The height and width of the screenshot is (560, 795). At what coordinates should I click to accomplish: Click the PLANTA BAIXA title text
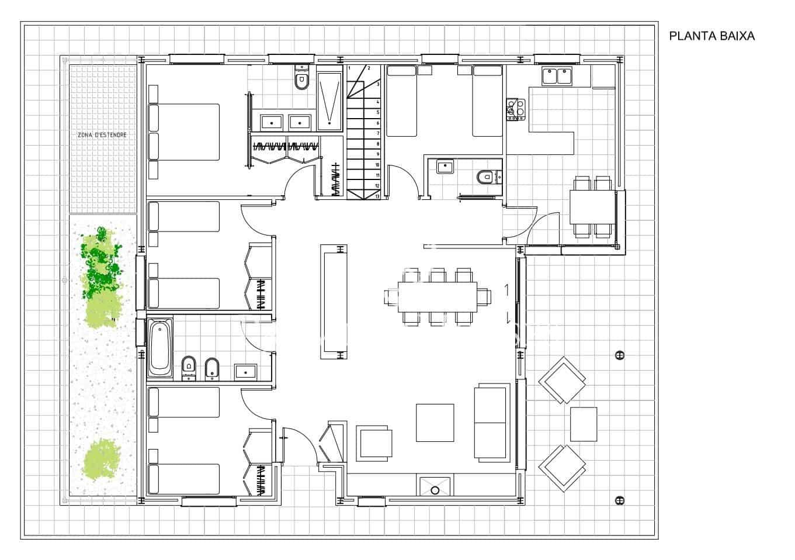click(x=711, y=36)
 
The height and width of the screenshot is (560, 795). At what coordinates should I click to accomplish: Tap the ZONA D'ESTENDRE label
click(x=102, y=135)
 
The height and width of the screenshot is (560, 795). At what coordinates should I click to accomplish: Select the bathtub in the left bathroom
click(x=159, y=348)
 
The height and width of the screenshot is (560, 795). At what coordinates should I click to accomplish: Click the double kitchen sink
click(x=557, y=76)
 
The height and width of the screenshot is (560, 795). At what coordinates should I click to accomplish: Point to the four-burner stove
click(x=516, y=109)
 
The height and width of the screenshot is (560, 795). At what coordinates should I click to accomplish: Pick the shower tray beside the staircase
click(x=330, y=101)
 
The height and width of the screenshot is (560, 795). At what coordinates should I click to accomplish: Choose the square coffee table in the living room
click(x=435, y=423)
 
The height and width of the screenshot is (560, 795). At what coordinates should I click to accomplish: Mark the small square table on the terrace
click(x=583, y=424)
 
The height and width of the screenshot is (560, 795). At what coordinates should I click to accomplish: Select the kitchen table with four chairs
click(x=592, y=206)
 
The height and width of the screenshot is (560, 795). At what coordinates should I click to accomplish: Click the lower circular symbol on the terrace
click(x=619, y=500)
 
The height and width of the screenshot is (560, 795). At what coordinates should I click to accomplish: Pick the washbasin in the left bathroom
click(x=247, y=371)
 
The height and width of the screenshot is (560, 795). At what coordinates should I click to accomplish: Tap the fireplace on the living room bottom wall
click(x=435, y=486)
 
